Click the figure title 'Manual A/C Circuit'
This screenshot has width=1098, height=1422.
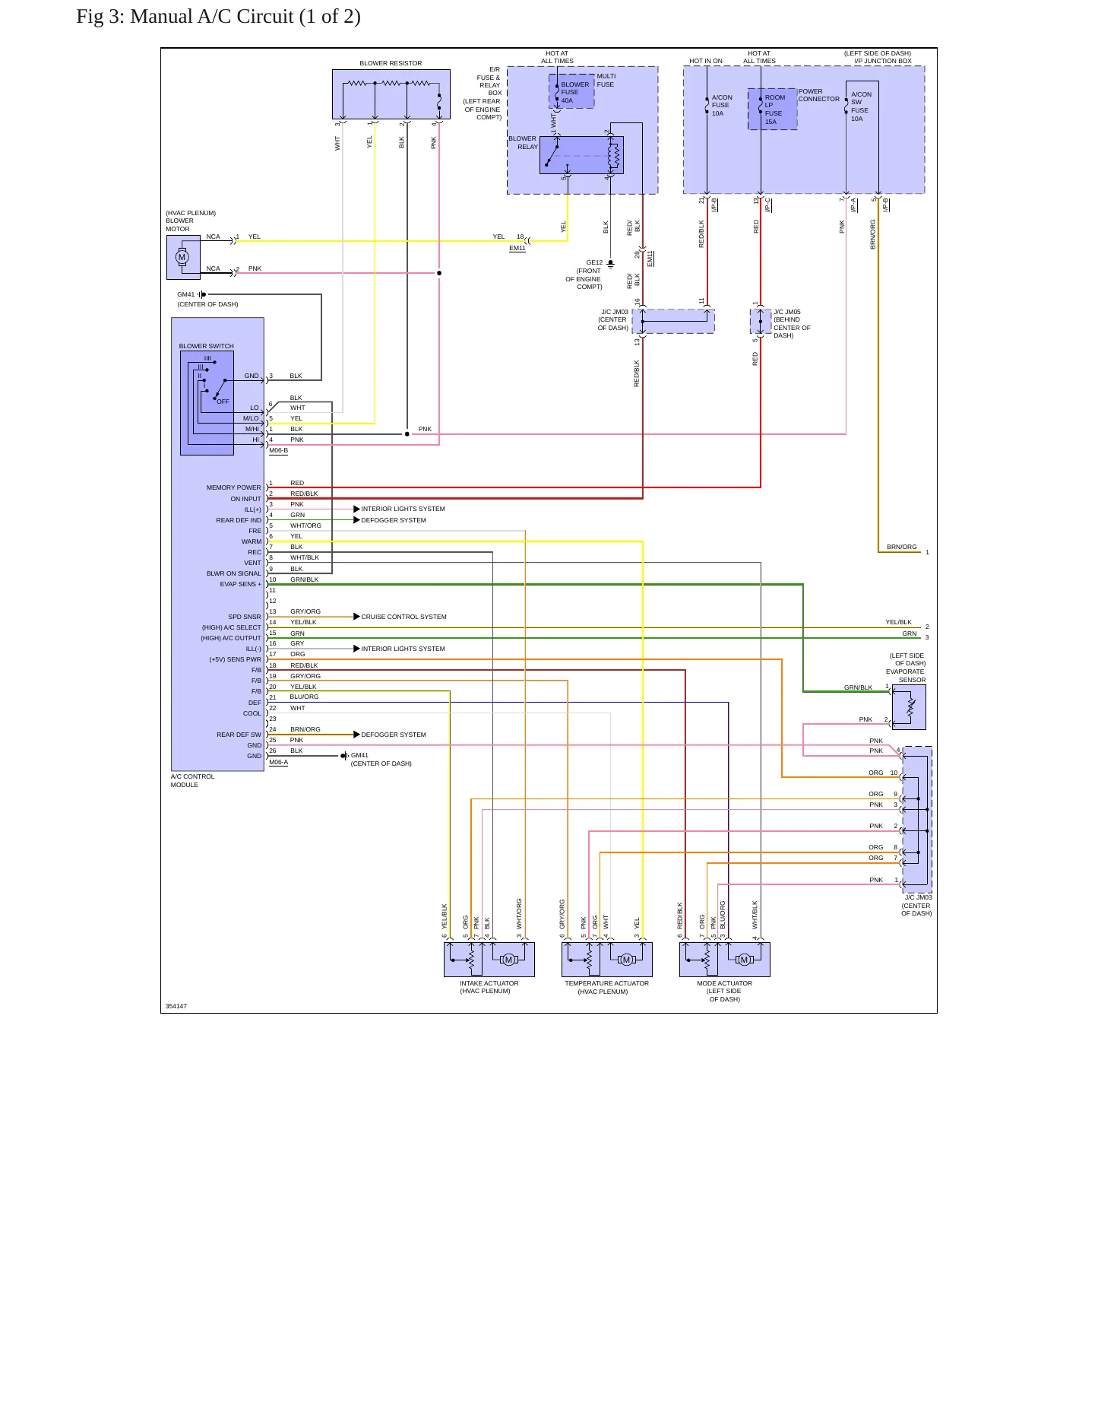point(211,17)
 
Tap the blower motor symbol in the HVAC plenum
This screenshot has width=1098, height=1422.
point(182,257)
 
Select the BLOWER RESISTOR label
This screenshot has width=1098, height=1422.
point(391,63)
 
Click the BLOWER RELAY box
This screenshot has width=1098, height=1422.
point(581,155)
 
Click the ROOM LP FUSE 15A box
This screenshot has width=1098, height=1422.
point(773,109)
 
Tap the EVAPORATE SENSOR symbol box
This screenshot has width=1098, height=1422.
point(909,707)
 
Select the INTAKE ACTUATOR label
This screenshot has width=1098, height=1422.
point(489,983)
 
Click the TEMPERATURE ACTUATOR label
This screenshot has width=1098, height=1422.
point(606,983)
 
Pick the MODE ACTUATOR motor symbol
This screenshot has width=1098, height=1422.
point(744,960)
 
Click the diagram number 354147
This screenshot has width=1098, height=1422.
point(176,1006)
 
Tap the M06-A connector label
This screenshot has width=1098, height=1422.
point(278,762)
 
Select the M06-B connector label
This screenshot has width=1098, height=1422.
point(278,450)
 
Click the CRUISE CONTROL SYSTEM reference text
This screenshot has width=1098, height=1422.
point(403,617)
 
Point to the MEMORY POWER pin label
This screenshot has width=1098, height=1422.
point(233,487)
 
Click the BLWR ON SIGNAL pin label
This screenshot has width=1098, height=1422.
point(233,573)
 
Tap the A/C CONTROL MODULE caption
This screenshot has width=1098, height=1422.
point(192,780)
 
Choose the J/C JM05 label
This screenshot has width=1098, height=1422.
point(786,312)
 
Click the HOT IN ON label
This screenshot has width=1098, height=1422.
point(706,61)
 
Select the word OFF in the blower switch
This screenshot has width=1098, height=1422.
point(223,402)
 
